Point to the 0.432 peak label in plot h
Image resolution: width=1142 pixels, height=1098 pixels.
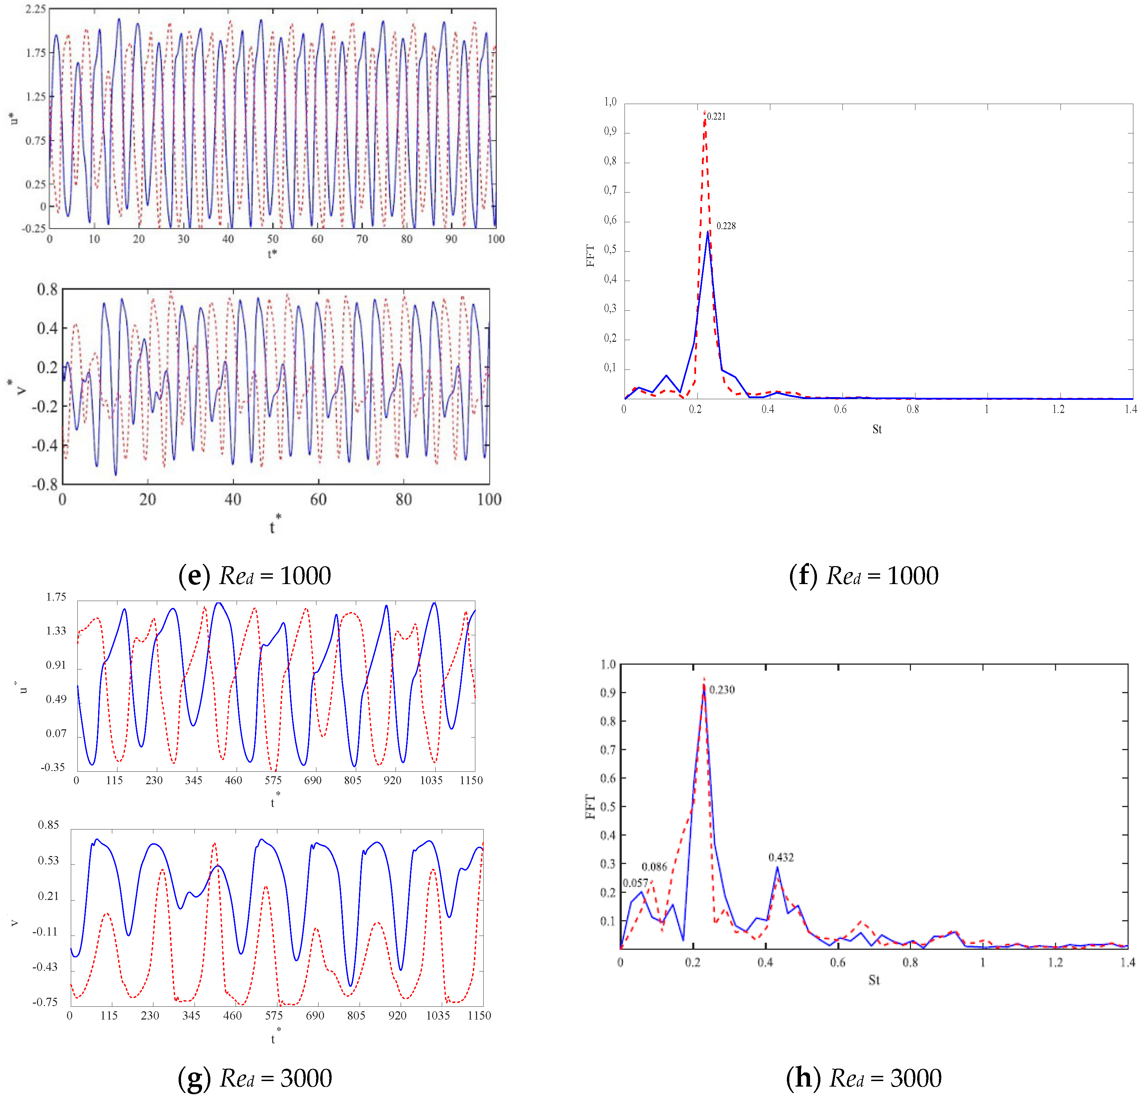[x=781, y=857]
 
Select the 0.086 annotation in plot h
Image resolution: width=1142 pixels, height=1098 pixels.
[x=654, y=867]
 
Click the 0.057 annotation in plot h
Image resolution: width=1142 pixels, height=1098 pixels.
[x=635, y=883]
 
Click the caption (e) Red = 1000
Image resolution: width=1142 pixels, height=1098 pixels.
[x=255, y=576]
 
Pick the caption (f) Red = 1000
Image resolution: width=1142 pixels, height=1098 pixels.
[x=864, y=576]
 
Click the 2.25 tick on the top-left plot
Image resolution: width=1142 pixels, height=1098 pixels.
[x=36, y=9]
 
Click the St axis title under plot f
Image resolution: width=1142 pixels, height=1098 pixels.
[x=877, y=430]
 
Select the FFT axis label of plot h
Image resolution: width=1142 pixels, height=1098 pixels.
[x=590, y=807]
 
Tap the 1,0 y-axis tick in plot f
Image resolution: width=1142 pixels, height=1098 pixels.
[x=610, y=102]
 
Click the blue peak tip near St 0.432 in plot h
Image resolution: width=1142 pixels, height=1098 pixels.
[x=777, y=867]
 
